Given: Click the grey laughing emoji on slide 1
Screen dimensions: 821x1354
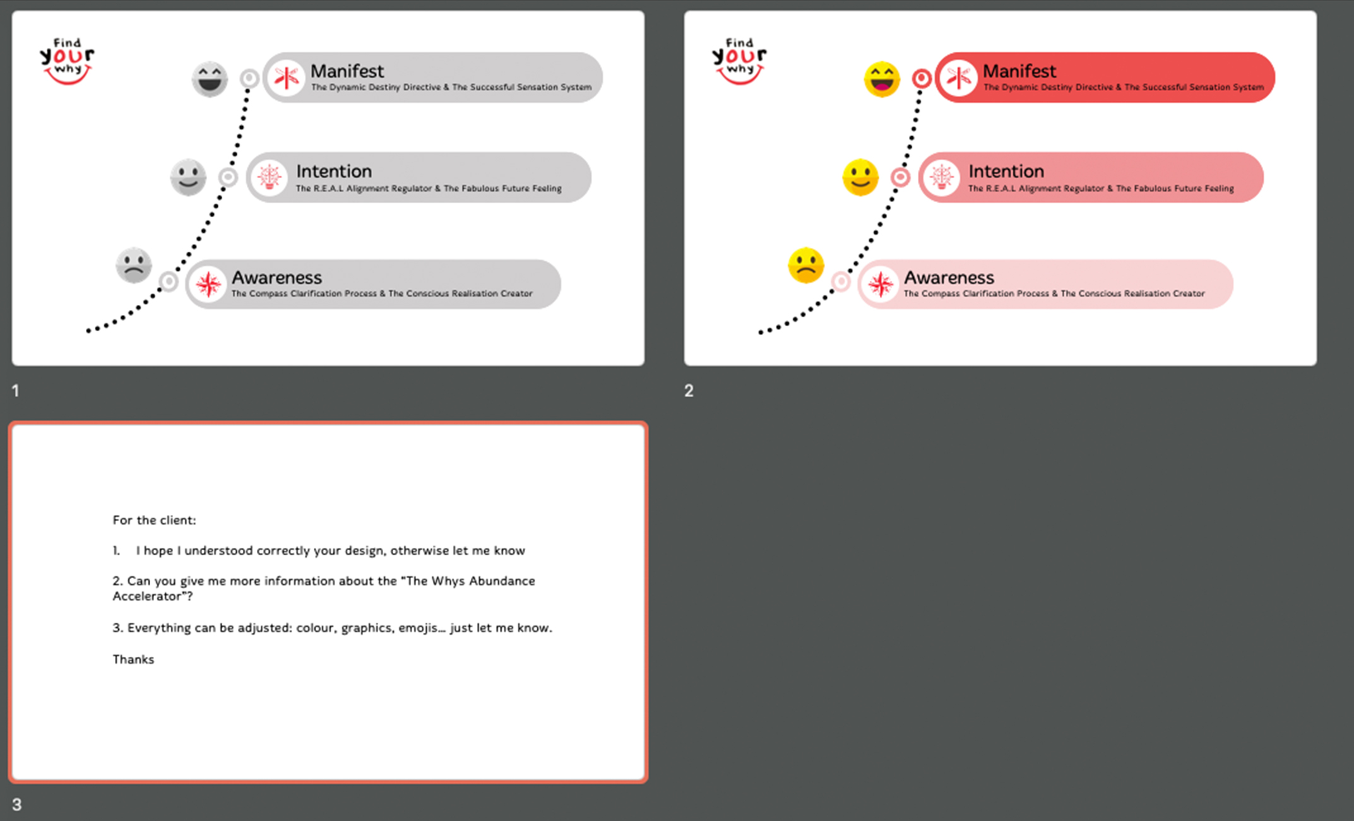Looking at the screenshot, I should click(210, 79).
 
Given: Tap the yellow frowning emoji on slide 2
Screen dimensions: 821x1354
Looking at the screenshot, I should click(806, 265).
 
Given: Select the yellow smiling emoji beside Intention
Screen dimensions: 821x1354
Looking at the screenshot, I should click(860, 177).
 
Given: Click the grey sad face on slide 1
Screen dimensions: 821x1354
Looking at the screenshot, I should click(134, 265).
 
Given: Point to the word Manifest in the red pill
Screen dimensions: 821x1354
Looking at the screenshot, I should click(1019, 71).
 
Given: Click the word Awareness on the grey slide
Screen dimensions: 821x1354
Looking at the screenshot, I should click(276, 278).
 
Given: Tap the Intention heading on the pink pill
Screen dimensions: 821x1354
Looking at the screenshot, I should click(1006, 172).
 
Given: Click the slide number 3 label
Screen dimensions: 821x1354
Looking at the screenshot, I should click(17, 805).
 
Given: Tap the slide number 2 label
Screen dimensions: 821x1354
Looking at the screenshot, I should click(689, 391).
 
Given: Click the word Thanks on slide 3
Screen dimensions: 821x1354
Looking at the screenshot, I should click(133, 659).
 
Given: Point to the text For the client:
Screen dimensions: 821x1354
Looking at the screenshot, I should click(154, 520).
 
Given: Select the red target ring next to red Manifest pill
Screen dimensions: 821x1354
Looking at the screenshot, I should click(922, 78).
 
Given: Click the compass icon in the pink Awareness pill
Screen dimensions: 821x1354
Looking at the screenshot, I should click(880, 285).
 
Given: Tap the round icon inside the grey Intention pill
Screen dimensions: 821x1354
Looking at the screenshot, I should click(270, 177).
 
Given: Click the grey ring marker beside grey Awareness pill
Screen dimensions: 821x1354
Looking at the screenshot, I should click(169, 281).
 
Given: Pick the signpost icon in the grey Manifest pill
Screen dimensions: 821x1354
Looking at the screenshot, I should click(287, 78).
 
